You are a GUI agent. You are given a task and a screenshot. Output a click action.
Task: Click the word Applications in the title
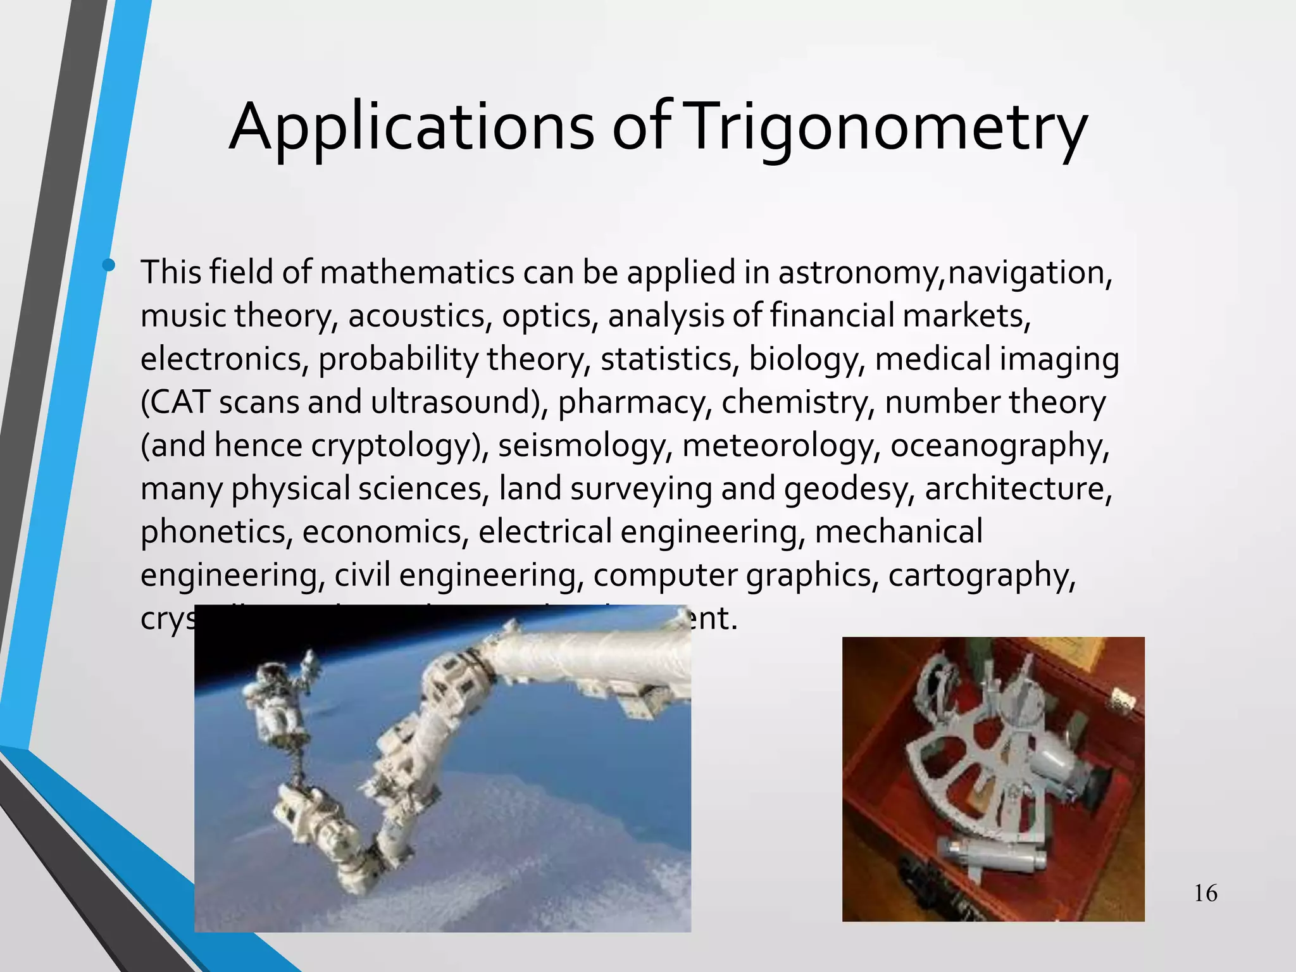click(411, 128)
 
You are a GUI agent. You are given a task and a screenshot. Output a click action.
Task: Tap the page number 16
click(1205, 894)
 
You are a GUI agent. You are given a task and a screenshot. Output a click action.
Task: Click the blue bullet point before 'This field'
click(109, 265)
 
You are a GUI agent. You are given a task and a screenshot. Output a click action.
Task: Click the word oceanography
click(999, 446)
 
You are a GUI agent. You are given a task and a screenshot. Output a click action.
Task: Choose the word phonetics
click(216, 532)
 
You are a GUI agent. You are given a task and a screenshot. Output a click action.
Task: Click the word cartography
click(981, 576)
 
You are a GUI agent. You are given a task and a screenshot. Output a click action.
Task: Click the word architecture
click(1018, 489)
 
